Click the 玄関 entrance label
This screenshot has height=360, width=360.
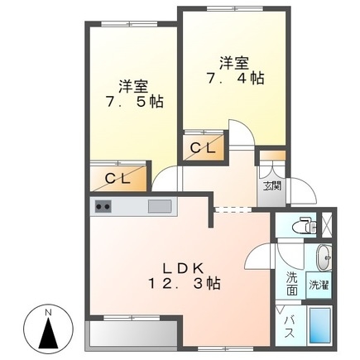271,185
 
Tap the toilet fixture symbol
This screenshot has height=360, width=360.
306,225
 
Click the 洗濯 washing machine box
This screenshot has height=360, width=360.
319,284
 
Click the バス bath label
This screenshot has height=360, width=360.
290,325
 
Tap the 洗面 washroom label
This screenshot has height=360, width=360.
292,283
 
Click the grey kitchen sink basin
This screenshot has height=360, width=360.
160,206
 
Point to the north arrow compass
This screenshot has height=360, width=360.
50,333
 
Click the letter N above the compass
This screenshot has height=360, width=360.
50,312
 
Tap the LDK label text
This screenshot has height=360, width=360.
188,267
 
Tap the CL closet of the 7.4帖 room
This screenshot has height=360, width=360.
204,148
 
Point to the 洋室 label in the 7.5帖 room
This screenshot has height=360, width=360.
132,84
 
